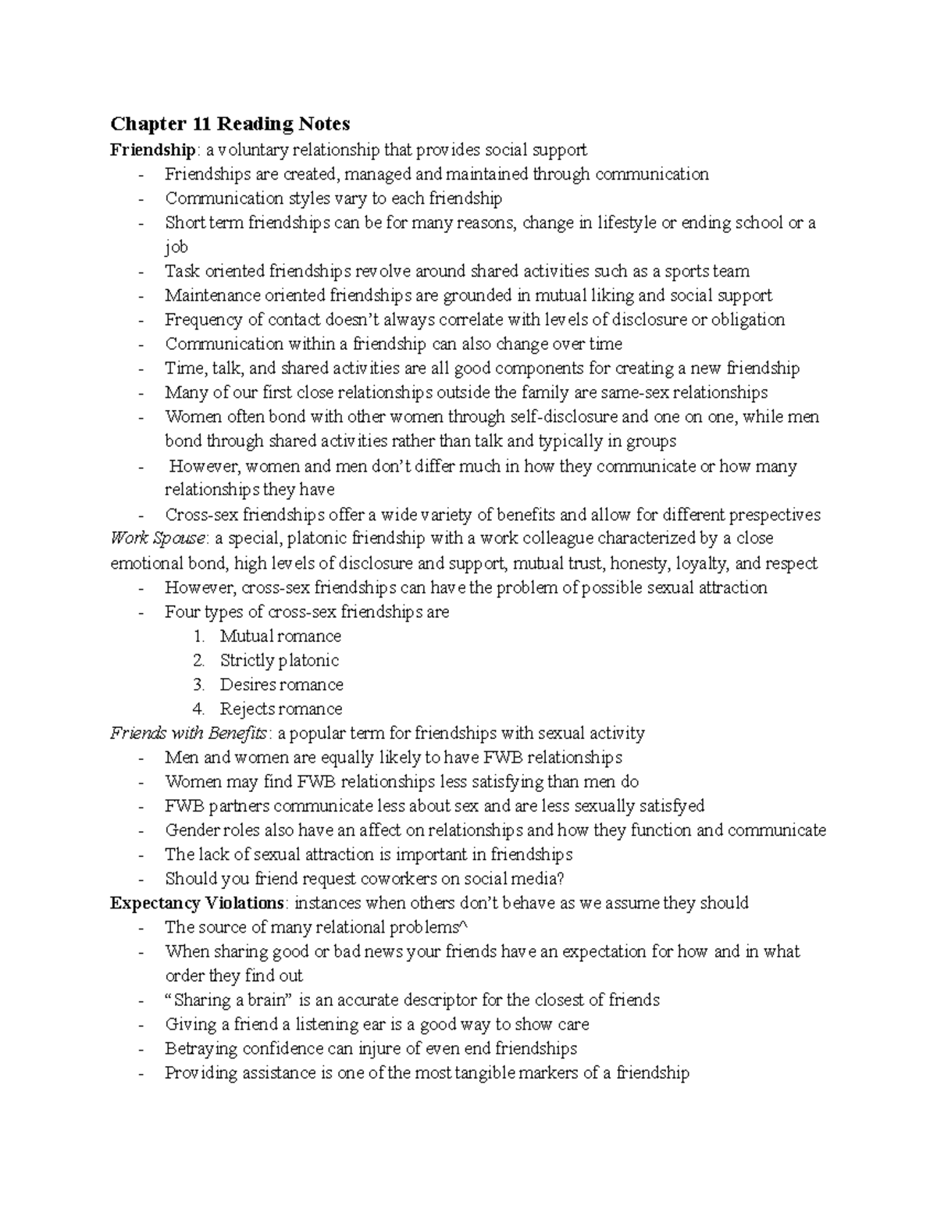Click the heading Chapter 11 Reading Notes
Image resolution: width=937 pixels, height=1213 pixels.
(x=230, y=123)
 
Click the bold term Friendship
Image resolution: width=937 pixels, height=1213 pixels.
(x=151, y=149)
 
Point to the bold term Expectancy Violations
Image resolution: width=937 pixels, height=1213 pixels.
(x=196, y=903)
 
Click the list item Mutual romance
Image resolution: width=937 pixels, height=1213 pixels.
(x=280, y=636)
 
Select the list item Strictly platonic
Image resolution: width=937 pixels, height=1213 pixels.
(x=279, y=660)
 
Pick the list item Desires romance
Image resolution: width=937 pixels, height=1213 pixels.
(x=281, y=684)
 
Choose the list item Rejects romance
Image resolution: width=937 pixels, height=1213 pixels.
(x=280, y=708)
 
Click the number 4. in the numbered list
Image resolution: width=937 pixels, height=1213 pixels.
(x=198, y=708)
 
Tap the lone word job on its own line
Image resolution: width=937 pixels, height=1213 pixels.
(x=176, y=247)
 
